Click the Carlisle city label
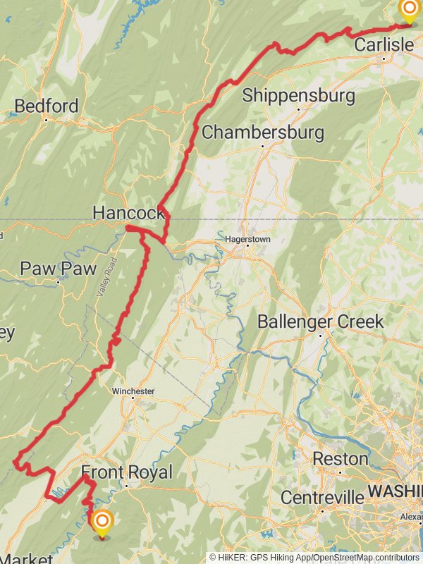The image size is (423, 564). tap(384, 45)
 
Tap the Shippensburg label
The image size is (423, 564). tap(298, 95)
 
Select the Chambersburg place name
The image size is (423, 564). tap(263, 132)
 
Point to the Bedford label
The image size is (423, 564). tap(47, 106)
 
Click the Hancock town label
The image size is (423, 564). tap(128, 212)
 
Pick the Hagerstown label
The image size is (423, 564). tap(247, 240)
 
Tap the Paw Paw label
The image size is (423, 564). tap(58, 269)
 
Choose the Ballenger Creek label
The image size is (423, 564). tap(321, 321)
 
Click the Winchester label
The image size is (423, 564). tap(133, 391)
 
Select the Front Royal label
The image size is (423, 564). tap(126, 472)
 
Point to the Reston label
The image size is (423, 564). tap(340, 458)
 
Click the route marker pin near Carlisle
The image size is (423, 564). tap(408, 11)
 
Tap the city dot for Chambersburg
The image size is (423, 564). tap(262, 146)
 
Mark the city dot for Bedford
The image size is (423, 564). tap(47, 119)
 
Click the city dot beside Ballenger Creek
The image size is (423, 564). tap(321, 336)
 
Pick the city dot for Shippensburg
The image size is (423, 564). tap(298, 109)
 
